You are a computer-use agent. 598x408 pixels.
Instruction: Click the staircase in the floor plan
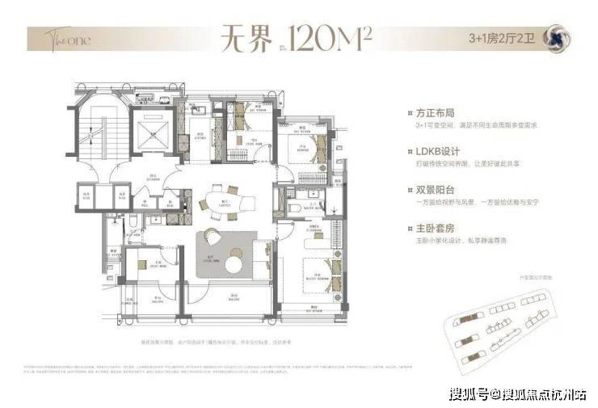(91, 133)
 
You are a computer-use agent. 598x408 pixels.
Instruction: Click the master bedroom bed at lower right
(314, 271)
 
